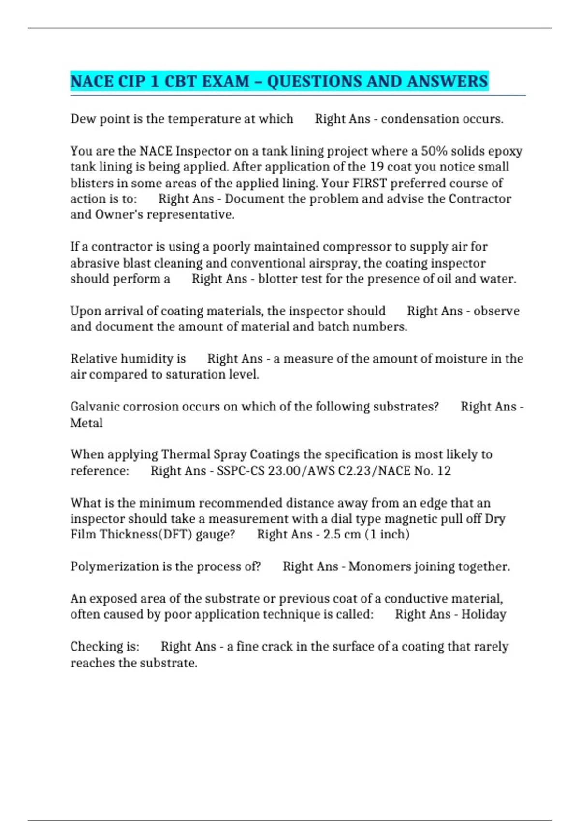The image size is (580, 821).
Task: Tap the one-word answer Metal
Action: (x=87, y=423)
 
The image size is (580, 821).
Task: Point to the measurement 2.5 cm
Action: (x=342, y=534)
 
